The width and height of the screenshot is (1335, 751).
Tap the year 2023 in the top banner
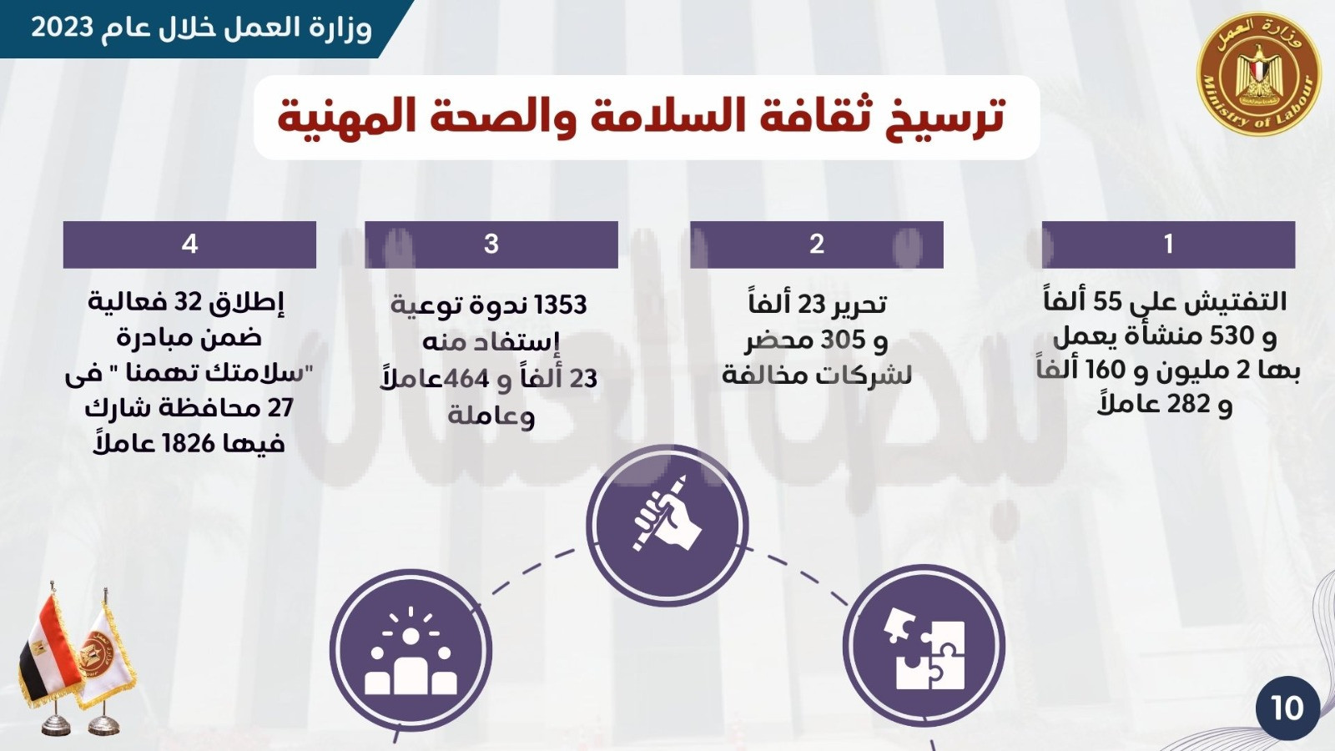tap(62, 28)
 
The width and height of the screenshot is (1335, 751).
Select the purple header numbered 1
tap(1168, 244)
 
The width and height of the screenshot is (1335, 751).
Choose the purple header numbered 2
tap(817, 244)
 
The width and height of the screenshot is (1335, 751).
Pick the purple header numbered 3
tap(491, 244)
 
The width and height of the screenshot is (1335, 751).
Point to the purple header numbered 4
tap(189, 244)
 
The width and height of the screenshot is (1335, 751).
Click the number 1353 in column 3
tap(562, 305)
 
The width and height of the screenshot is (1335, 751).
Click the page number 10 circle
tap(1287, 708)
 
